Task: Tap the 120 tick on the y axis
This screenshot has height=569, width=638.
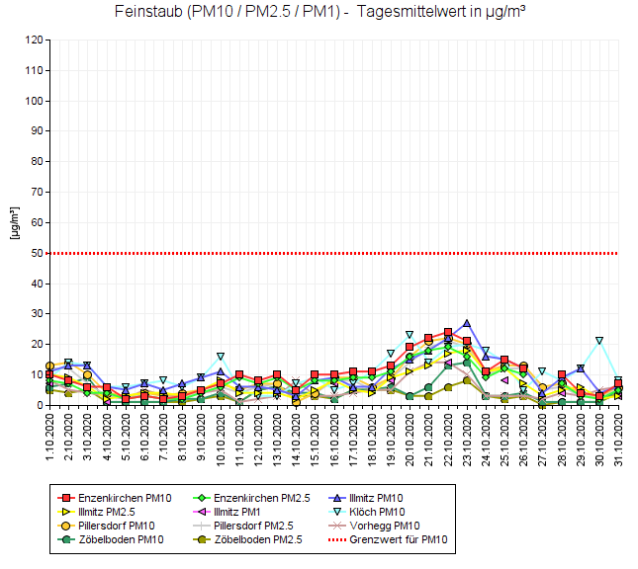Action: (33, 41)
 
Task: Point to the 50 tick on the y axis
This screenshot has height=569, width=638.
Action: (36, 253)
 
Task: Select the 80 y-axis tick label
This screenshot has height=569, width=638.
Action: (36, 162)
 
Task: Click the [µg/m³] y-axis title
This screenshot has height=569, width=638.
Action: (14, 223)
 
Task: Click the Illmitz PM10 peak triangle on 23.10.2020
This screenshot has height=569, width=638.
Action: (467, 323)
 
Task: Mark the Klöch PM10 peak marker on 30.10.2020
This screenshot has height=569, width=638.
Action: (599, 341)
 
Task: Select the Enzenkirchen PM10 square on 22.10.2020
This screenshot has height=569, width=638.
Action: (448, 332)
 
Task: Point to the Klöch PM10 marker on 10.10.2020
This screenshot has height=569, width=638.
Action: (221, 357)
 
